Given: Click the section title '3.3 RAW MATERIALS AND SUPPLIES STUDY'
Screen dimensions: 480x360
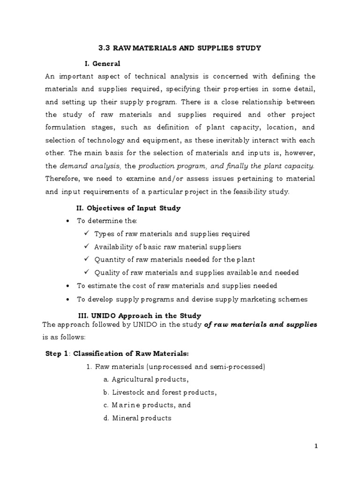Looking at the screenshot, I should click(180, 48).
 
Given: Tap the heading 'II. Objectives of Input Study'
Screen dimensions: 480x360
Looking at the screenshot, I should click(128, 208).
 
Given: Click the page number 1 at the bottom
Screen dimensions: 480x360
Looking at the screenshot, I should click(316, 446).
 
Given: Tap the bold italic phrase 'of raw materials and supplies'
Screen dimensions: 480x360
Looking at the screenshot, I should click(261, 324).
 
